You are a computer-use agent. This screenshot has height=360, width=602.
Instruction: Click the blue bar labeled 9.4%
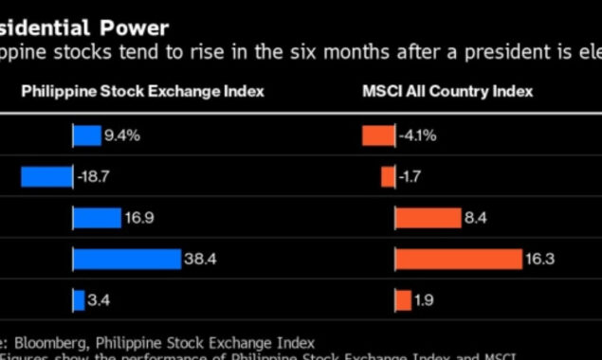(87, 135)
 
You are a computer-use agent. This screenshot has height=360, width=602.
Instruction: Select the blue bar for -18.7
(46, 177)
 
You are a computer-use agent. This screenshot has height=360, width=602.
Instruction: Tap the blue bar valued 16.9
(98, 219)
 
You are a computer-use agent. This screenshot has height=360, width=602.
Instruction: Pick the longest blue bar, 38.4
(127, 260)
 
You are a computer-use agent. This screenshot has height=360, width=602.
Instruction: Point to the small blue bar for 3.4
(80, 301)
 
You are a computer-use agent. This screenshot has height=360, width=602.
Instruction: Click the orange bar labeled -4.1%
(376, 135)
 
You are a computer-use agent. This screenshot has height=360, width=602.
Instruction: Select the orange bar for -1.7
(388, 177)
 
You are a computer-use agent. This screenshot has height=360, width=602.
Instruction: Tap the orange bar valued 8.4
(427, 219)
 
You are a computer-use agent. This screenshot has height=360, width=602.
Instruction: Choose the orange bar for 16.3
(458, 260)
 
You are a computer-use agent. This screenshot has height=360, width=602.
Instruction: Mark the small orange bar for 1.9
(403, 301)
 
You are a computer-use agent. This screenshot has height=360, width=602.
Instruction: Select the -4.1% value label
(417, 135)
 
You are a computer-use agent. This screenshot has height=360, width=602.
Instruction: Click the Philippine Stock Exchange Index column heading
(143, 91)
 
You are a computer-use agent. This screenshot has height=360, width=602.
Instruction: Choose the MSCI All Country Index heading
(447, 91)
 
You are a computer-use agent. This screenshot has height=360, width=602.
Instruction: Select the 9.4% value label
(122, 135)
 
